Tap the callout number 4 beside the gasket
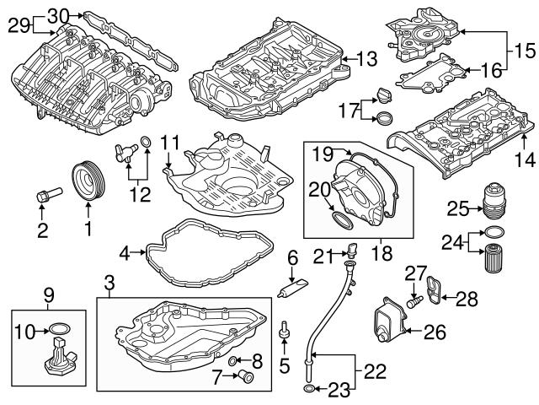tap(125, 251)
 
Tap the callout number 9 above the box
tap(48, 295)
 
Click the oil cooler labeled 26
tap(388, 323)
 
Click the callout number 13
tap(368, 59)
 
